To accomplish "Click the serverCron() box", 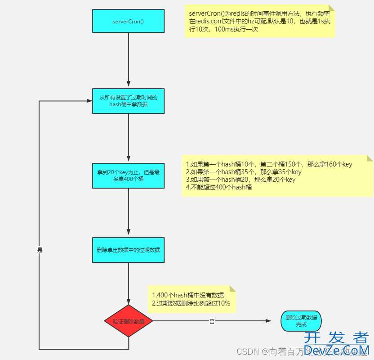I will (129, 21).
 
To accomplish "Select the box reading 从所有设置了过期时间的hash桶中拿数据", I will (129, 100).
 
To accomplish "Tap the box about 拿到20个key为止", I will (129, 175).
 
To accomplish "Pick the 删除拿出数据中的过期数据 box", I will (129, 250).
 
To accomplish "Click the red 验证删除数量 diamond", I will (129, 321).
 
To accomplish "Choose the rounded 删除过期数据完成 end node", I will (301, 321).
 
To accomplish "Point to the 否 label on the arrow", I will (212, 321).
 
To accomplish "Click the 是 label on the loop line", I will (40, 250).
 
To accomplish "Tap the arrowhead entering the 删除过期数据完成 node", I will (269, 321).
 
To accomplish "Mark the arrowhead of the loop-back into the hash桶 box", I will (89, 101).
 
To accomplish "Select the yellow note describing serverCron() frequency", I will (260, 21).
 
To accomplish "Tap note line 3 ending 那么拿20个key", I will (241, 180).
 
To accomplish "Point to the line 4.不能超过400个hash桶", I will (219, 187).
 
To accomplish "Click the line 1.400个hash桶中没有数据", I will (188, 295).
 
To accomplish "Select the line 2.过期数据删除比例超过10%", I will (191, 303).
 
